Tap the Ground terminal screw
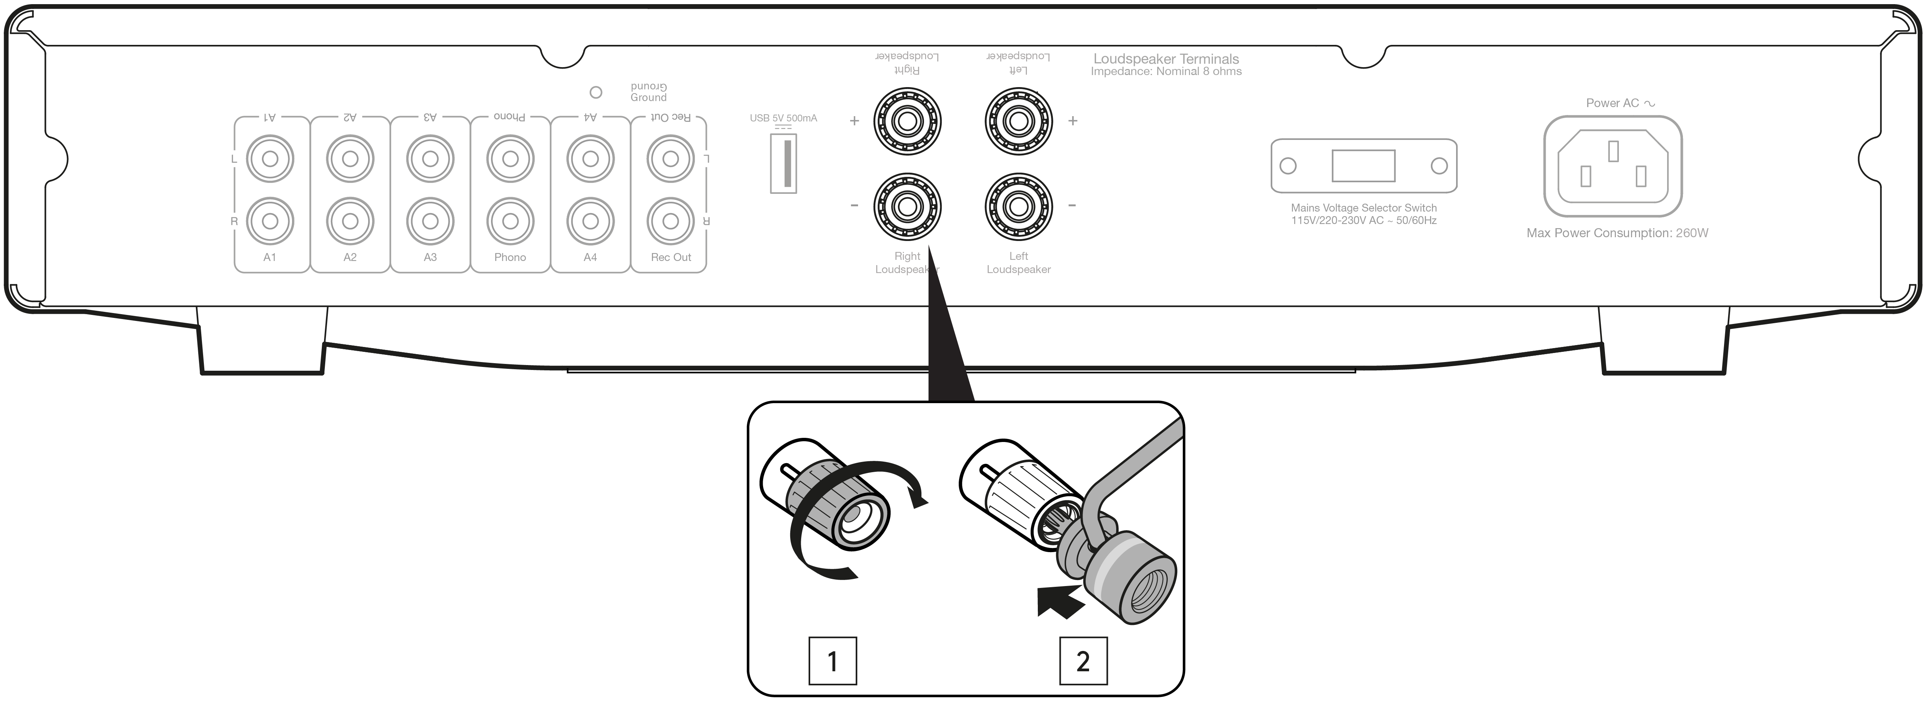pos(596,93)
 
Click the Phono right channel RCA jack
pos(510,221)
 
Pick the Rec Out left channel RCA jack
pos(671,158)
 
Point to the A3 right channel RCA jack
pos(430,221)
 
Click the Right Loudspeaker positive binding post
pos(907,120)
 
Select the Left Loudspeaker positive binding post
pos(1018,120)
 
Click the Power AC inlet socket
pos(1613,166)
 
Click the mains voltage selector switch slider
pos(1363,165)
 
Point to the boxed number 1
pos(832,661)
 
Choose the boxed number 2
pos(1083,661)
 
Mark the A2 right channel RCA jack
pos(350,221)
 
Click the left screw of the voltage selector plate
pos(1288,165)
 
